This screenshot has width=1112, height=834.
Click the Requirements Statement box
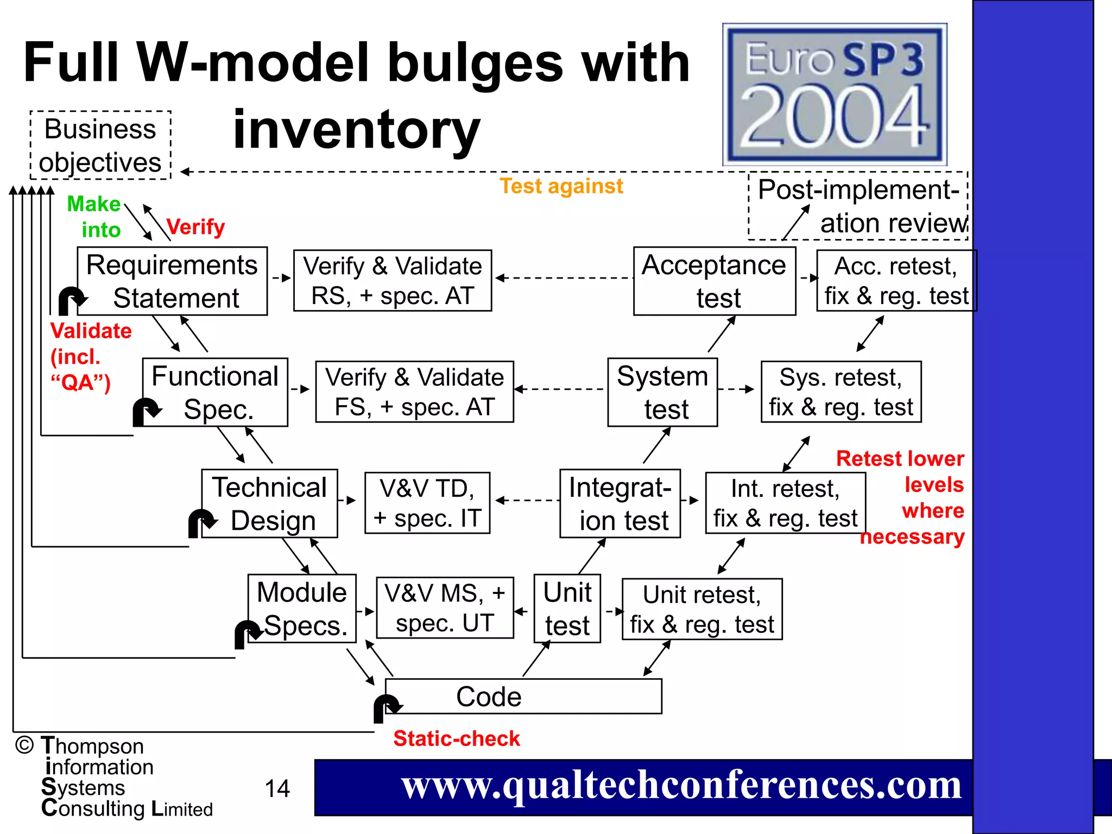click(172, 281)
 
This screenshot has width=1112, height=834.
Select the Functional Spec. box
click(215, 392)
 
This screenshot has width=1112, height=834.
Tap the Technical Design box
click(269, 503)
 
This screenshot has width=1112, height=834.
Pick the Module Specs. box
click(302, 609)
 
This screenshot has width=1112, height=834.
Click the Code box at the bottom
click(523, 696)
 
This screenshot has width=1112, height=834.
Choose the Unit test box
click(567, 609)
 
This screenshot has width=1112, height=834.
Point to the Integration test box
click(620, 503)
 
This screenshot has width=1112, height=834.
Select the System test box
click(662, 392)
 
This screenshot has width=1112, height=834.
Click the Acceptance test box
click(715, 281)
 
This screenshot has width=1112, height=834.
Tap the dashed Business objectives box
click(100, 146)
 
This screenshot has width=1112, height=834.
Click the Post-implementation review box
click(858, 206)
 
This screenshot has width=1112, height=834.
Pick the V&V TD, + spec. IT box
click(427, 503)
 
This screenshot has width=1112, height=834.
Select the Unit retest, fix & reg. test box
click(702, 609)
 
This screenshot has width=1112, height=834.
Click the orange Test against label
click(561, 186)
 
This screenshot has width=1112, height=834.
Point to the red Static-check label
click(457, 738)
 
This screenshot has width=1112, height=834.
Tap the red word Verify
click(195, 226)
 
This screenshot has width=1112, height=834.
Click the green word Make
click(93, 204)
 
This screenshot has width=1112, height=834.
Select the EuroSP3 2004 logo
click(835, 94)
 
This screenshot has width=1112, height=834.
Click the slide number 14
click(277, 788)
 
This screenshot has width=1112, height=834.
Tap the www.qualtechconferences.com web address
click(681, 786)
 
